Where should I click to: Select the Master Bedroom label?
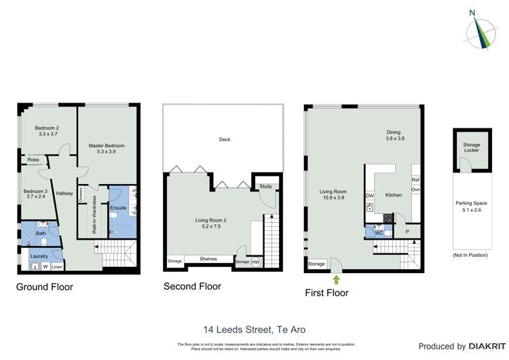pos(107,149)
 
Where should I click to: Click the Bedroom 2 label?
pos(48,131)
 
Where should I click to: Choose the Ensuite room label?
pos(118,207)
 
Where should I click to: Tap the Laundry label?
pos(39,256)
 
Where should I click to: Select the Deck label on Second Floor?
pos(225,139)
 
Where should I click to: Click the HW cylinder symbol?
pos(256,262)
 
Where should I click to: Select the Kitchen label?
pos(394,195)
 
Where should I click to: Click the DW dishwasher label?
pos(370,196)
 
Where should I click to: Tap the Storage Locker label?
pos(471,147)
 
